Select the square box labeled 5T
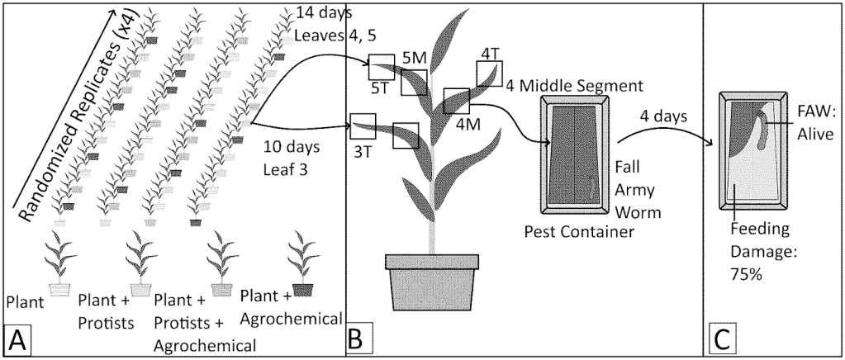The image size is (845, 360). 381,67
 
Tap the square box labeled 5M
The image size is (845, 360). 414,83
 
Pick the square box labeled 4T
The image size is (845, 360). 489,73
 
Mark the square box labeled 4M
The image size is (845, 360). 456,101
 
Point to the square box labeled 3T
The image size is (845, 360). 363,126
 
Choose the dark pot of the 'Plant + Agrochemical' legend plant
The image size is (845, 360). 303,289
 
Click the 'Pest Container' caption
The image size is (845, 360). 579,230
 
